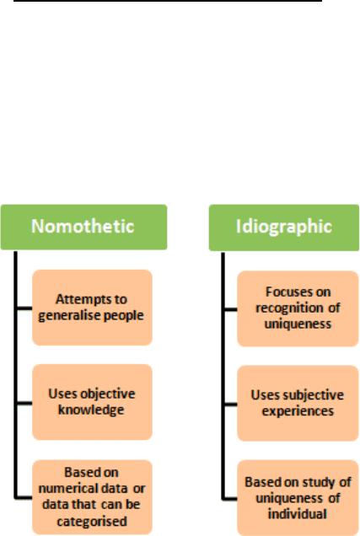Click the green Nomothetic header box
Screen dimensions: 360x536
pos(83,227)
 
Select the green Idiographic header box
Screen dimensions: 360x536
pos(284,228)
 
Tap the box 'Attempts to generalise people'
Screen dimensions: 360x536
pos(92,308)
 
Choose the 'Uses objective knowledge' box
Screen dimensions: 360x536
pos(92,402)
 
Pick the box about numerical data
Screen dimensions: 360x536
pos(92,497)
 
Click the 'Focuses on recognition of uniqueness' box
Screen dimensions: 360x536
pos(298,308)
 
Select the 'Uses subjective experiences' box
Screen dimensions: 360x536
pos(298,403)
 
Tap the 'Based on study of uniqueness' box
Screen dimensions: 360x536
pos(298,498)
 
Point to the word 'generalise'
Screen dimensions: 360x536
pos(69,316)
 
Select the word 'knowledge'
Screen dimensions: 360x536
pos(91,410)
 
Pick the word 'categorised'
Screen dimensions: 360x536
pos(92,522)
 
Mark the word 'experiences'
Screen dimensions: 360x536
pos(298,411)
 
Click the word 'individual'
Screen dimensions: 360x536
pos(297,514)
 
